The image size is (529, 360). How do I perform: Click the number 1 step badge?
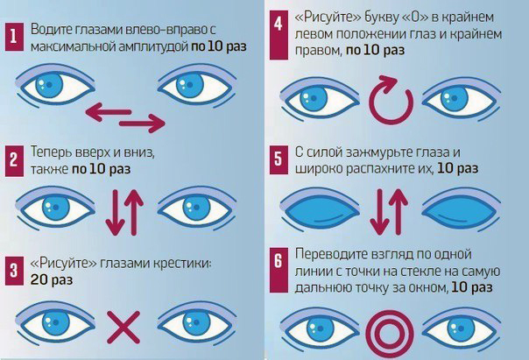point(15,37)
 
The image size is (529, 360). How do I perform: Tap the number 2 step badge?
point(15,161)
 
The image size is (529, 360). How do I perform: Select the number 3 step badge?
point(15,271)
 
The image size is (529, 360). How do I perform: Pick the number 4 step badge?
point(279,35)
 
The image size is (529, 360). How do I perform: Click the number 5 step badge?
point(279,159)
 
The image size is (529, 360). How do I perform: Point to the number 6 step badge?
point(279,270)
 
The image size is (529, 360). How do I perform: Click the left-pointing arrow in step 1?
point(109,112)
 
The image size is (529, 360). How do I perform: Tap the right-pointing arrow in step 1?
point(142,124)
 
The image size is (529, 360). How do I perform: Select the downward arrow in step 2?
point(116,212)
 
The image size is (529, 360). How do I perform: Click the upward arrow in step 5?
point(399,212)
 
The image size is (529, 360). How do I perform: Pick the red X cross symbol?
point(123,328)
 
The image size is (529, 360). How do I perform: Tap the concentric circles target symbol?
point(390,334)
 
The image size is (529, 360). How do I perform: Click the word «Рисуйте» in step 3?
point(64,263)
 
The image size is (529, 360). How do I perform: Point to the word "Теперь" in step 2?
point(51,152)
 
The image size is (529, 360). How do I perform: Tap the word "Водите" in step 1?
point(52,30)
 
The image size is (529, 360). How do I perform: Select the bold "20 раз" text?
point(52,279)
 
